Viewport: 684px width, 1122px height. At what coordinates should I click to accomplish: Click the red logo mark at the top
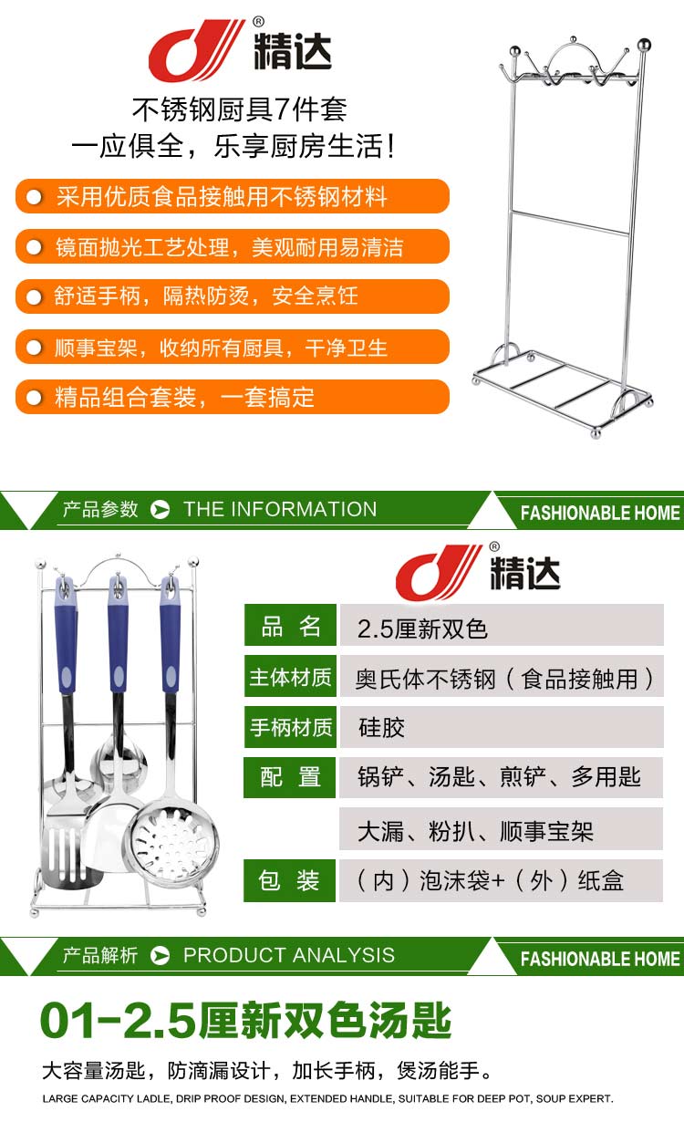point(195,50)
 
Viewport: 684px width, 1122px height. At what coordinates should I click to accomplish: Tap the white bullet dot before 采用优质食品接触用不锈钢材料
point(34,197)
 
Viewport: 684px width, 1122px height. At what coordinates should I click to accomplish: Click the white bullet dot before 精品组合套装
point(34,398)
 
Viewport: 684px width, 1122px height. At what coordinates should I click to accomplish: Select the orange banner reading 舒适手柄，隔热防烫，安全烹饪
point(233,296)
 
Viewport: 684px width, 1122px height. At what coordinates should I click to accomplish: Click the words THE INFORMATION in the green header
point(280,509)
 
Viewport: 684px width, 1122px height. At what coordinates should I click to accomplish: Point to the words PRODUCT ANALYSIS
point(289,955)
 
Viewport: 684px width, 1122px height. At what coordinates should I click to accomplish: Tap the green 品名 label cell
point(290,625)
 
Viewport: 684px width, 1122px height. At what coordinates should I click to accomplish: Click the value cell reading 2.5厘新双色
point(502,625)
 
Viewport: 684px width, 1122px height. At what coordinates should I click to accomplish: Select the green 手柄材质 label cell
point(290,727)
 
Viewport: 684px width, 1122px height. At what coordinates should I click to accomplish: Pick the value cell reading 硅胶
point(502,727)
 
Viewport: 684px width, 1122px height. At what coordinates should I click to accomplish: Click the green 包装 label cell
point(289,880)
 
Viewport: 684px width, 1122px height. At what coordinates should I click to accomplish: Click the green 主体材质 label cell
point(290,676)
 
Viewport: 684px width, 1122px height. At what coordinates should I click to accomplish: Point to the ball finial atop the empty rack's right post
point(644,45)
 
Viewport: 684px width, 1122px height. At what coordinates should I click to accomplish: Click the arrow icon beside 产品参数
point(161,509)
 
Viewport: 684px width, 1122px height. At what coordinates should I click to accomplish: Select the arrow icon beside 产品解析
point(161,955)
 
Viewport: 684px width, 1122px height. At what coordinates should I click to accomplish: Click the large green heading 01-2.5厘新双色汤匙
point(246,1021)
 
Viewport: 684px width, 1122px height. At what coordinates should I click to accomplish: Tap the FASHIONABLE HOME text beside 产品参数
point(600,513)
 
